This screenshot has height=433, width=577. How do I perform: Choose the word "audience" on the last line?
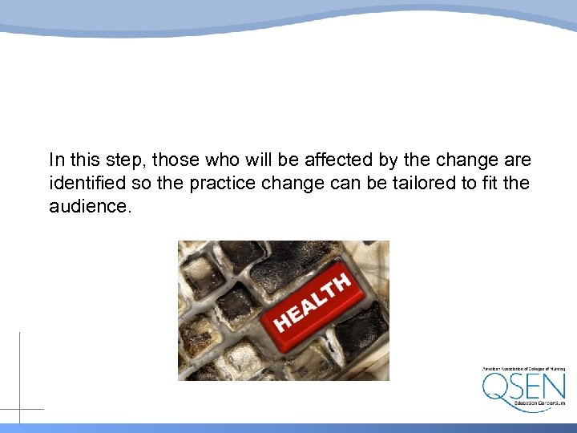coord(87,206)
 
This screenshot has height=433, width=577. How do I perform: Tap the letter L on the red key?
coord(320,298)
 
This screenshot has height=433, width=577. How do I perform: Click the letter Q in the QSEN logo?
coord(495,386)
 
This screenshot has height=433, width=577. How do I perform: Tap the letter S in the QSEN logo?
coord(516,386)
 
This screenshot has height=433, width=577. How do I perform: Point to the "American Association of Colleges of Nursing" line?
coord(523,369)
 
